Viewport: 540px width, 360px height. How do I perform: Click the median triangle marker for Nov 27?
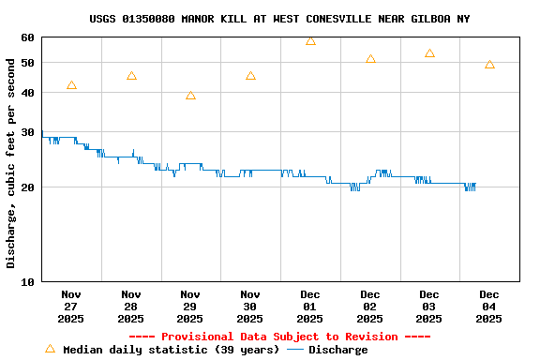tap(71, 85)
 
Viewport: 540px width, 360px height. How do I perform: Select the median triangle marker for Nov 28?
tap(131, 76)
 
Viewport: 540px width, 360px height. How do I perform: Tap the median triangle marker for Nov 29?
tap(190, 96)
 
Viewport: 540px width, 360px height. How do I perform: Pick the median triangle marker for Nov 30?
tap(250, 76)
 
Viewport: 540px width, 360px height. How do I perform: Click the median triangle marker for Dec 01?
tap(310, 41)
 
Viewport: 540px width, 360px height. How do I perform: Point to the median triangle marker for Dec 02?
tap(370, 59)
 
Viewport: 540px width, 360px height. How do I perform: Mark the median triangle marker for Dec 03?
tap(429, 53)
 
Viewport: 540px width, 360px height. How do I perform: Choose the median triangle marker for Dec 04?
tap(489, 65)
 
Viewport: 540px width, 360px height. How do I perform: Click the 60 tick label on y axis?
tap(25, 37)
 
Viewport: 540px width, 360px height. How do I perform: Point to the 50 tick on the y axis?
tap(25, 63)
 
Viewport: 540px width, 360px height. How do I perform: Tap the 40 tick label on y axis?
tap(25, 93)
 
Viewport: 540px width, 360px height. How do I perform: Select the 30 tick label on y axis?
tap(25, 132)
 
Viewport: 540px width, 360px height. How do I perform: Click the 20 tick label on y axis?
tap(25, 187)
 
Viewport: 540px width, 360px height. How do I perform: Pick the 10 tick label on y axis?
tap(25, 281)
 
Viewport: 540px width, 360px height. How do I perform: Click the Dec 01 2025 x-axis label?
tap(310, 306)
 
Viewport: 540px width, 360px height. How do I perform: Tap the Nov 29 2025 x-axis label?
tap(190, 306)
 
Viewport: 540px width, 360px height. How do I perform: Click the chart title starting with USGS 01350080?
tap(279, 19)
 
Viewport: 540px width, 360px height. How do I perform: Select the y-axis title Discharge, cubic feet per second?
tap(11, 163)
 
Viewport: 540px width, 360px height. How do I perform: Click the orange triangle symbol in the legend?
tap(51, 349)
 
